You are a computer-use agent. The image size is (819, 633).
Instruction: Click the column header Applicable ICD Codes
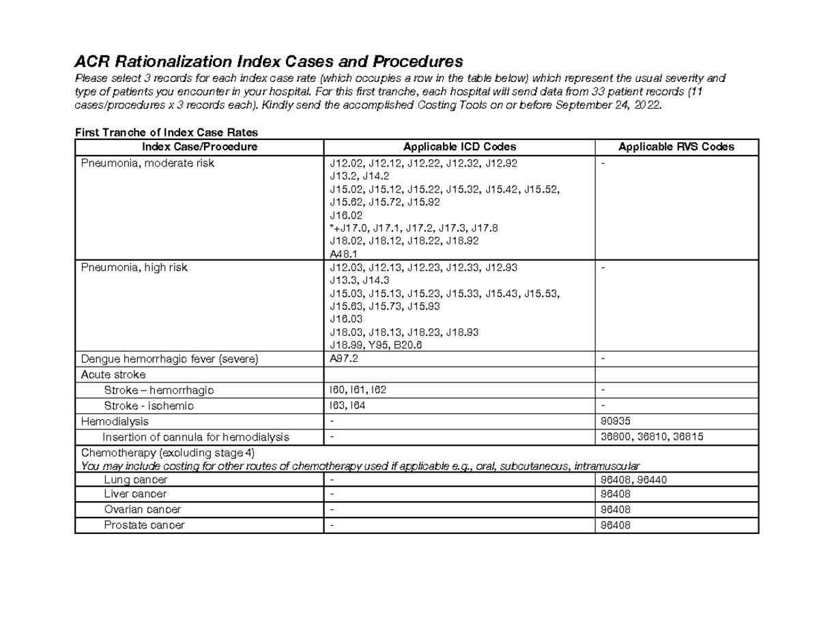(459, 147)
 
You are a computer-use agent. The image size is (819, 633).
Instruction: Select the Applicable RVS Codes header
(676, 147)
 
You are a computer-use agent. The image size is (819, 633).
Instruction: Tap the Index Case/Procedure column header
(199, 147)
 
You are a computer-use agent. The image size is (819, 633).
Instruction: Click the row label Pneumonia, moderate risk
(147, 163)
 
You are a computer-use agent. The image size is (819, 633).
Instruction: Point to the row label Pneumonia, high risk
(134, 268)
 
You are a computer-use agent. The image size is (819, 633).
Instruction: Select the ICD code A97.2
(344, 358)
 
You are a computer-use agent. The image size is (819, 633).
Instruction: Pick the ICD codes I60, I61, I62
(358, 391)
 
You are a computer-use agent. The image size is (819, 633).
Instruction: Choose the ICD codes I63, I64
(347, 406)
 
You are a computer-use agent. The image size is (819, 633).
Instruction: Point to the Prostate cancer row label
(144, 525)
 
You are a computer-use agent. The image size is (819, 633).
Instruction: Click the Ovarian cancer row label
(143, 509)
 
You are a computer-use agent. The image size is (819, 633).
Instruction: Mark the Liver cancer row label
(135, 494)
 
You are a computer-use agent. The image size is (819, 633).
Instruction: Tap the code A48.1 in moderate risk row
(344, 254)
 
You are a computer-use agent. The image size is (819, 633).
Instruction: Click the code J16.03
(346, 320)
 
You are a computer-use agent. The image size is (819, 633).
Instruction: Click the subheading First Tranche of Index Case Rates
(166, 132)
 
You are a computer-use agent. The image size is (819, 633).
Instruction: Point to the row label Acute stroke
(113, 375)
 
